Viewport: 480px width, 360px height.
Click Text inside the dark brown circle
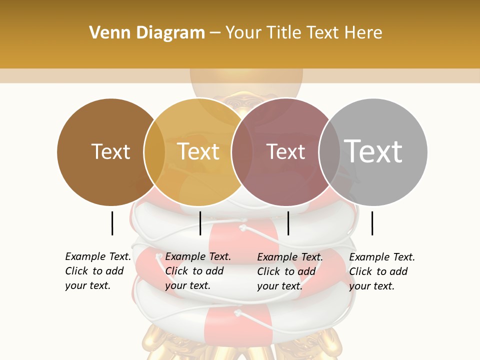[x=110, y=151]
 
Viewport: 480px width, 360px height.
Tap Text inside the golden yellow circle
[x=198, y=151]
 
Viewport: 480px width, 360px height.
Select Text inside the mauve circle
[x=285, y=151]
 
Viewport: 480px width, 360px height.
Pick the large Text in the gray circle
[x=373, y=151]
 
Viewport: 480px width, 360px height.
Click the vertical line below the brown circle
[x=112, y=223]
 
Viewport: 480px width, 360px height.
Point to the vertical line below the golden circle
[x=200, y=223]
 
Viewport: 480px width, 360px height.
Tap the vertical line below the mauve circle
[x=288, y=223]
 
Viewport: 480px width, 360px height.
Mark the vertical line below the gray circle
[x=372, y=223]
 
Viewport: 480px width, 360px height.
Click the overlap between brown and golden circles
[x=154, y=151]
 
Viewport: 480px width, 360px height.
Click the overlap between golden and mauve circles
[x=242, y=151]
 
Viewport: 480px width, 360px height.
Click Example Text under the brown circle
[x=98, y=256]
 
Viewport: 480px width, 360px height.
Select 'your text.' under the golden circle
[x=187, y=286]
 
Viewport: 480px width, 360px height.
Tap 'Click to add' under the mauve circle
[x=286, y=271]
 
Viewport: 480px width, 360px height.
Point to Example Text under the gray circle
[x=382, y=257]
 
